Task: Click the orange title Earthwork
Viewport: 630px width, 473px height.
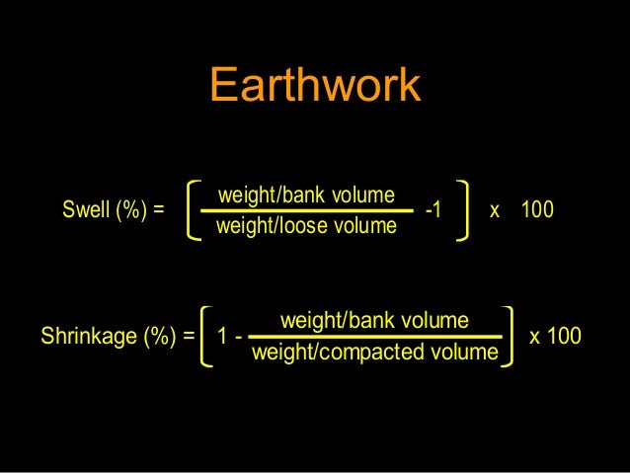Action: (315, 86)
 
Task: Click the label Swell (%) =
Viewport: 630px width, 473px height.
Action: (113, 210)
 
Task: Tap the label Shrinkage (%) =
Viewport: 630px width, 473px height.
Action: (118, 337)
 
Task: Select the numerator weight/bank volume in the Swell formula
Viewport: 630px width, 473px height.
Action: (306, 194)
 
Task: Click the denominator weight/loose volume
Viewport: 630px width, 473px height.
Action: (306, 227)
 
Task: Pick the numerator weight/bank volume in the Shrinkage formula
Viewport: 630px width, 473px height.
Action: (374, 320)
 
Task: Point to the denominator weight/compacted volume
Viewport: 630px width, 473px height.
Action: (375, 353)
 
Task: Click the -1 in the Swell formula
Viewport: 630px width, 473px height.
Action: (433, 210)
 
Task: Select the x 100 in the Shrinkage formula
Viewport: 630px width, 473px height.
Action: (556, 337)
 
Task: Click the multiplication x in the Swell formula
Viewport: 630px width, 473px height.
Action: (495, 210)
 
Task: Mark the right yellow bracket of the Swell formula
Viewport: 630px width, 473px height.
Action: (465, 209)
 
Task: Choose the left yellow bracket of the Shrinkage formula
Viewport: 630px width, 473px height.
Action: (206, 336)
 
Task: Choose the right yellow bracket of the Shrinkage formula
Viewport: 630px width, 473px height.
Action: (509, 336)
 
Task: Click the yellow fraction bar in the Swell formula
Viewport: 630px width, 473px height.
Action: (307, 210)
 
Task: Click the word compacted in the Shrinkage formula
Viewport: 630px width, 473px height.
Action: (380, 353)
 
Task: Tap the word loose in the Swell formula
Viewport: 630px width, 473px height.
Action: (304, 227)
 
